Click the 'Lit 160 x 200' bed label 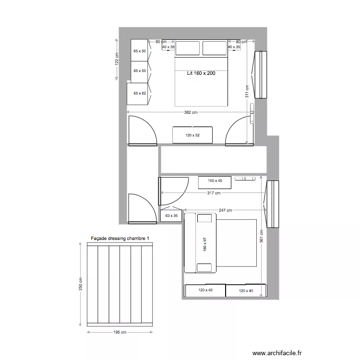[201, 73]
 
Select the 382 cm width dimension [191, 113]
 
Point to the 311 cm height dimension [247, 91]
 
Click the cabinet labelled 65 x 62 [139, 94]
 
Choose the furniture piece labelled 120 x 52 [192, 135]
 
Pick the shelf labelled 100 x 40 [215, 181]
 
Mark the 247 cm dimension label [225, 210]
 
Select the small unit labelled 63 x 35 [171, 216]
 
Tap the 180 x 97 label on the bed [204, 244]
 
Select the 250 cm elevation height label [80, 284]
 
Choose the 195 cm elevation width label [120, 332]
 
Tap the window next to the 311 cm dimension [260, 74]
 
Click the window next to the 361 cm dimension [273, 204]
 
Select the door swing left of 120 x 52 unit [142, 131]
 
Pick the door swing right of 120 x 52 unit [240, 131]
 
